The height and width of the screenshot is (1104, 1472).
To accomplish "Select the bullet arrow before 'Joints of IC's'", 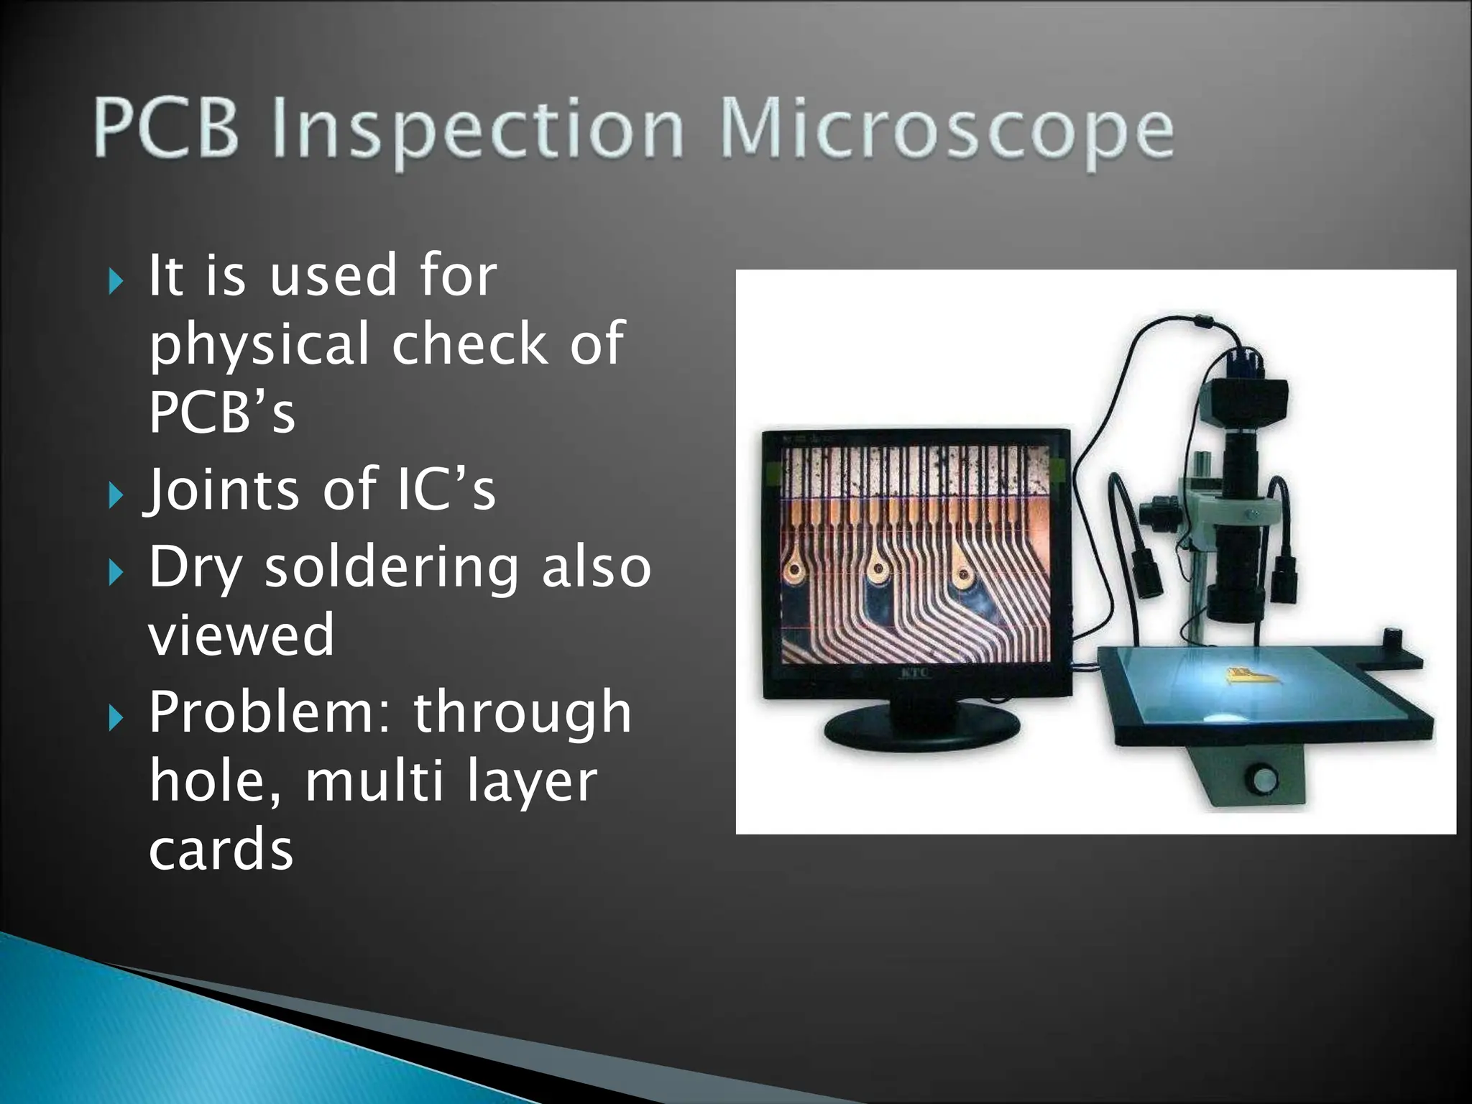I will pyautogui.click(x=116, y=495).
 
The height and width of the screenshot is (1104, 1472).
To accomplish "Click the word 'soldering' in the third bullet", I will pyautogui.click(x=391, y=567).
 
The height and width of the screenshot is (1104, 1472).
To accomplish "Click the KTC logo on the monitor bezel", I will pyautogui.click(x=915, y=673).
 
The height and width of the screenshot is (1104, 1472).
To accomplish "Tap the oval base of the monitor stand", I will pyautogui.click(x=921, y=727).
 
